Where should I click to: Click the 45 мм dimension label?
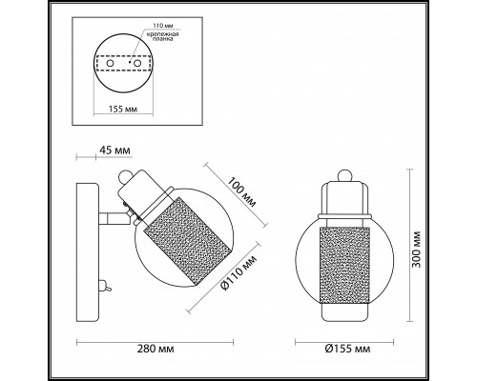pos(114,150)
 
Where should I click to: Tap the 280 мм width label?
pos(156,349)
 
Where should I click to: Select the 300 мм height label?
pos(416,250)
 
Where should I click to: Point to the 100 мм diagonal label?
pos(241,191)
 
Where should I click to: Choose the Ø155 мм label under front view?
pos(347,349)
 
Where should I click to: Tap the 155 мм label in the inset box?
pos(123,110)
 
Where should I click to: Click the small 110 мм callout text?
pos(163,26)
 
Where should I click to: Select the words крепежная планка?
pos(162,36)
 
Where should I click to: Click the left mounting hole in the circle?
pos(110,63)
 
